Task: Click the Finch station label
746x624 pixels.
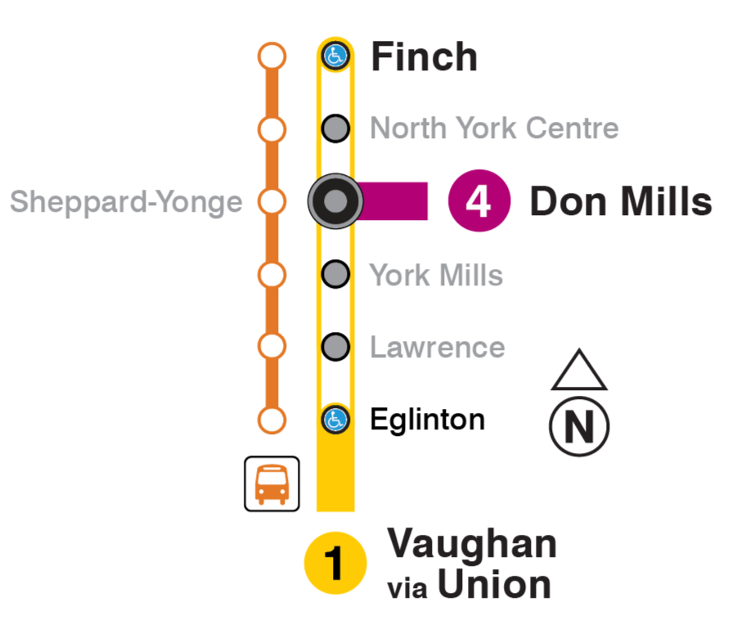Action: [x=424, y=57]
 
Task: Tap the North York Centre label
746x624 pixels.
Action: [x=494, y=128]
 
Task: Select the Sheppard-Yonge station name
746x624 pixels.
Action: [x=126, y=202]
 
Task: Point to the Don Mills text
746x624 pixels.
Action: [x=621, y=202]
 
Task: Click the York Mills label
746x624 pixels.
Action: [x=436, y=276]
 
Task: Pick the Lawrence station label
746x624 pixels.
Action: [x=437, y=348]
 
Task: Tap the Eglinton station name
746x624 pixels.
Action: [x=427, y=420]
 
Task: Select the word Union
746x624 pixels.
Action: [x=493, y=585]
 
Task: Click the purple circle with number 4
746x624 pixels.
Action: [x=479, y=202]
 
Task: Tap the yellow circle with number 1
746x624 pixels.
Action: [x=335, y=563]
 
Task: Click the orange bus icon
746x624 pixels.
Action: [x=272, y=484]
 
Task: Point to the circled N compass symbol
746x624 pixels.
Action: [x=579, y=426]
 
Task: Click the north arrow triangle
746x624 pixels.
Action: [x=579, y=372]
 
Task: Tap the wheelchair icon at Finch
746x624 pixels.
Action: [x=335, y=56]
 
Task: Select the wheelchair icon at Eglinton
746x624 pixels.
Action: [x=335, y=420]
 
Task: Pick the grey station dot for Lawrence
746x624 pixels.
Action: [x=335, y=347]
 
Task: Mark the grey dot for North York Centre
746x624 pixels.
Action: [x=335, y=128]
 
